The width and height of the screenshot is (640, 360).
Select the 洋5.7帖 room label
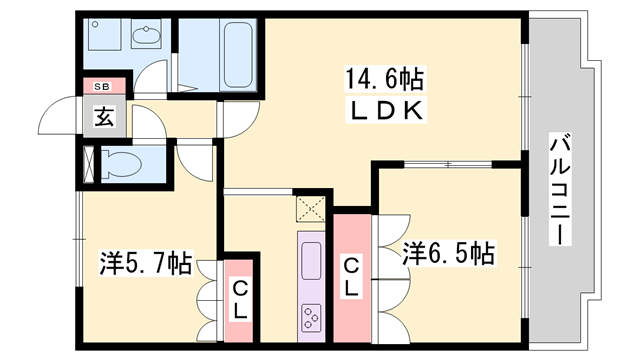[x=146, y=264]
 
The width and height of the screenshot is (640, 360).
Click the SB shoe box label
[x=103, y=87]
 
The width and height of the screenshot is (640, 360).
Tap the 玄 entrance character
[x=104, y=116]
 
